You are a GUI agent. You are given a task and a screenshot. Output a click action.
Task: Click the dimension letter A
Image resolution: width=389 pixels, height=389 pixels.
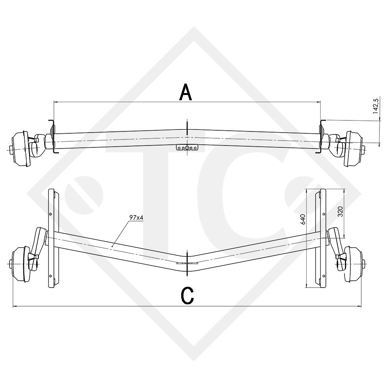pyautogui.click(x=185, y=93)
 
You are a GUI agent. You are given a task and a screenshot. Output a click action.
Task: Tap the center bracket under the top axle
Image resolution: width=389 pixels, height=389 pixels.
pyautogui.click(x=187, y=148)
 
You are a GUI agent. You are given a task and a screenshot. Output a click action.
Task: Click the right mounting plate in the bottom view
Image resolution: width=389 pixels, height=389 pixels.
pyautogui.click(x=322, y=238)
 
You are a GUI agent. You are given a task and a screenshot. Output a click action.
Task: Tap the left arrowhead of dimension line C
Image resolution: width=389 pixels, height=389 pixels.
pyautogui.click(x=14, y=306)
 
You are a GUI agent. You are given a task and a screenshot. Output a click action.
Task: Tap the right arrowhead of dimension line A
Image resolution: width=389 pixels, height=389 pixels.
pyautogui.click(x=319, y=102)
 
